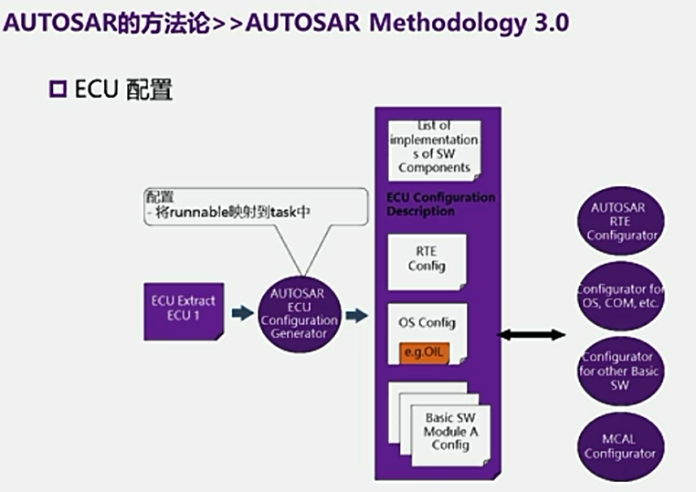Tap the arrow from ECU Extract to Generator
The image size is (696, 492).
pyautogui.click(x=240, y=313)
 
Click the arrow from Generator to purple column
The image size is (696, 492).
pyautogui.click(x=356, y=315)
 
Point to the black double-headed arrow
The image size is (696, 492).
pyautogui.click(x=531, y=335)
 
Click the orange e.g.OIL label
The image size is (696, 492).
pyautogui.click(x=425, y=351)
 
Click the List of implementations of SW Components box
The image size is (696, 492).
pyautogui.click(x=433, y=146)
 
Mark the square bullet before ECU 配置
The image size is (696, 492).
pyautogui.click(x=58, y=89)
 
